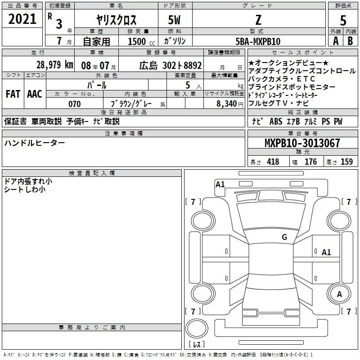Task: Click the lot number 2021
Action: point(22,19)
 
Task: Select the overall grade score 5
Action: point(343,20)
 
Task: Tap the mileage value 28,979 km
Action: point(55,65)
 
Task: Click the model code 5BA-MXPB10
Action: point(258,41)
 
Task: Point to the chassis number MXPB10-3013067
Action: point(302,143)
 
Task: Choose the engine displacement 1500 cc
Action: point(141,41)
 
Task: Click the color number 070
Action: point(74,104)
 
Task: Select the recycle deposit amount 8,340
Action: point(227,104)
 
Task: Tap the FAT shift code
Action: point(13,94)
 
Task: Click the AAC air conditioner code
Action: point(35,94)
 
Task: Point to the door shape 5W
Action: point(174,20)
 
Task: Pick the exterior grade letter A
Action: point(336,41)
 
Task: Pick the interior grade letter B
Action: point(350,41)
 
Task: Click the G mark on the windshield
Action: point(284,237)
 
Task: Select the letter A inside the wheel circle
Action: point(339,294)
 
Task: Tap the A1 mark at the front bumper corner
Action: point(220,184)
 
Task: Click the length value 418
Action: point(273,162)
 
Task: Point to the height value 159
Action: point(346,162)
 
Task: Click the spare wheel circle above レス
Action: point(197,328)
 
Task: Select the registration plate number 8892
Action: point(193,65)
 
